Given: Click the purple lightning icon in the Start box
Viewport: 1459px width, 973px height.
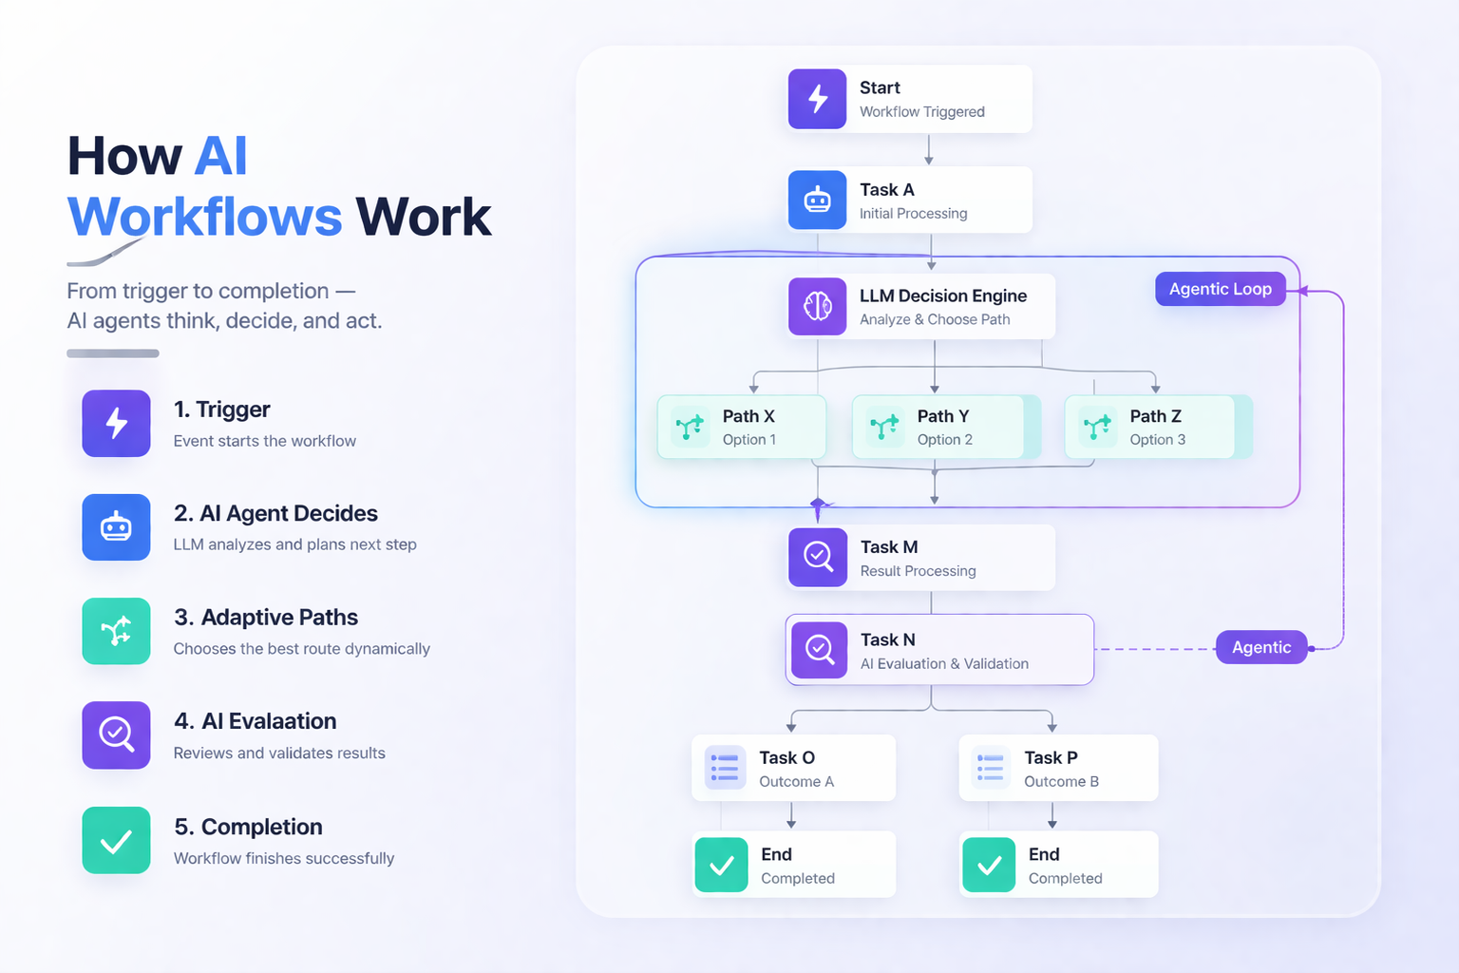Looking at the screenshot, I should (x=817, y=99).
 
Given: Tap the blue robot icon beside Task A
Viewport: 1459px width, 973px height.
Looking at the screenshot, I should (x=817, y=200).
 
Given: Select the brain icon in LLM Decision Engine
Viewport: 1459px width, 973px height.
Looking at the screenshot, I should (x=817, y=306).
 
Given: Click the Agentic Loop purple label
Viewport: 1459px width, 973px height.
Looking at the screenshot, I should (x=1220, y=289).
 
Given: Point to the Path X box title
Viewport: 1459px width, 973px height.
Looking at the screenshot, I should (x=748, y=416).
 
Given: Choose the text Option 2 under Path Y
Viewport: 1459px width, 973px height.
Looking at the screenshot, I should (x=944, y=440).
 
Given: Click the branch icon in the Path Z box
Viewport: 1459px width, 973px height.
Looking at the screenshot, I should (x=1097, y=427).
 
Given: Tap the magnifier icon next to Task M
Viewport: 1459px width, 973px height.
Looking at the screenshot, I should (x=818, y=557).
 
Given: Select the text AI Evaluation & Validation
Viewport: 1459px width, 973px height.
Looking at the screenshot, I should (x=944, y=664).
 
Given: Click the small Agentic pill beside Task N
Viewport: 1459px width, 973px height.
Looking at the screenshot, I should (x=1260, y=647).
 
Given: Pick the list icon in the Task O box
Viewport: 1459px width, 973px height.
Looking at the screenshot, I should (x=725, y=768).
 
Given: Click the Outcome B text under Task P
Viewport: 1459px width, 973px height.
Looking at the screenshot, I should (x=1061, y=782).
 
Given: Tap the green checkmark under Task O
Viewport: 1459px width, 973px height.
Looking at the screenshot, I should (x=722, y=865).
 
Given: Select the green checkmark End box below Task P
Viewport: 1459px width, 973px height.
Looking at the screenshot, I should (x=990, y=865).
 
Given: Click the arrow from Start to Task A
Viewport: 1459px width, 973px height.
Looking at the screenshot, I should (x=929, y=149).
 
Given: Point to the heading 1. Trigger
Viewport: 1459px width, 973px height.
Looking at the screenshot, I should (x=222, y=410).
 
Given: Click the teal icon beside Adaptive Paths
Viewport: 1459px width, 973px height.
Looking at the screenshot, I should (x=116, y=631).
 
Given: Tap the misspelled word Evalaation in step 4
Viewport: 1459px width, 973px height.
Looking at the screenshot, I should (x=283, y=721).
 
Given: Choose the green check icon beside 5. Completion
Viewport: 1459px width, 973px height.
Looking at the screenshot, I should (x=116, y=840).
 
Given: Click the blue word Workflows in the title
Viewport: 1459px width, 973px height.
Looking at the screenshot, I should (x=204, y=217).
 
